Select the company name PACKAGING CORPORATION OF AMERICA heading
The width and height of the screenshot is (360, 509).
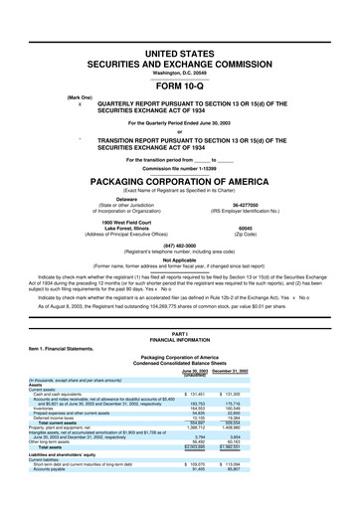[179, 155]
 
